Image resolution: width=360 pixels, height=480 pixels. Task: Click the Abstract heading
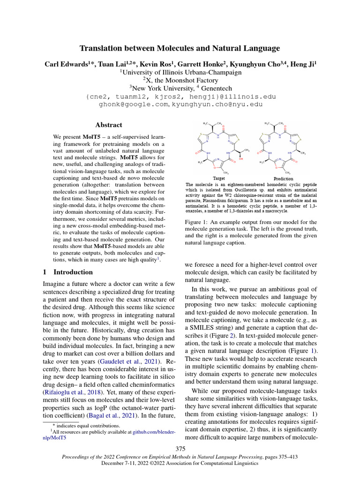pos(108,125)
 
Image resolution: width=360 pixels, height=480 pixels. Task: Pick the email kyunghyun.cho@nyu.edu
pos(218,105)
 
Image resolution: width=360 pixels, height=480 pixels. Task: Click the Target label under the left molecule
pos(219,179)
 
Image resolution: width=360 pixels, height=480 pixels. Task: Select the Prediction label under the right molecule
pos(284,179)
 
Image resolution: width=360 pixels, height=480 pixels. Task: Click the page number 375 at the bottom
pos(180,449)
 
